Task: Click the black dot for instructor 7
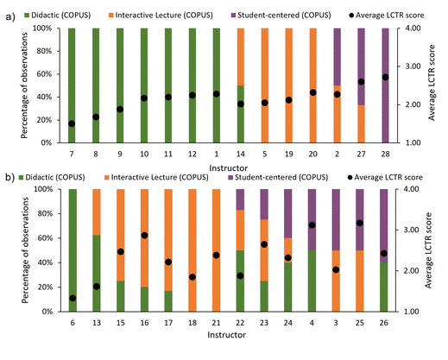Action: pyautogui.click(x=72, y=123)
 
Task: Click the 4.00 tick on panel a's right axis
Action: pyautogui.click(x=407, y=28)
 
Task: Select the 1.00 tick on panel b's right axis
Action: pyautogui.click(x=407, y=311)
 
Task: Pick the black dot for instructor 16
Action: pyautogui.click(x=143, y=235)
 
